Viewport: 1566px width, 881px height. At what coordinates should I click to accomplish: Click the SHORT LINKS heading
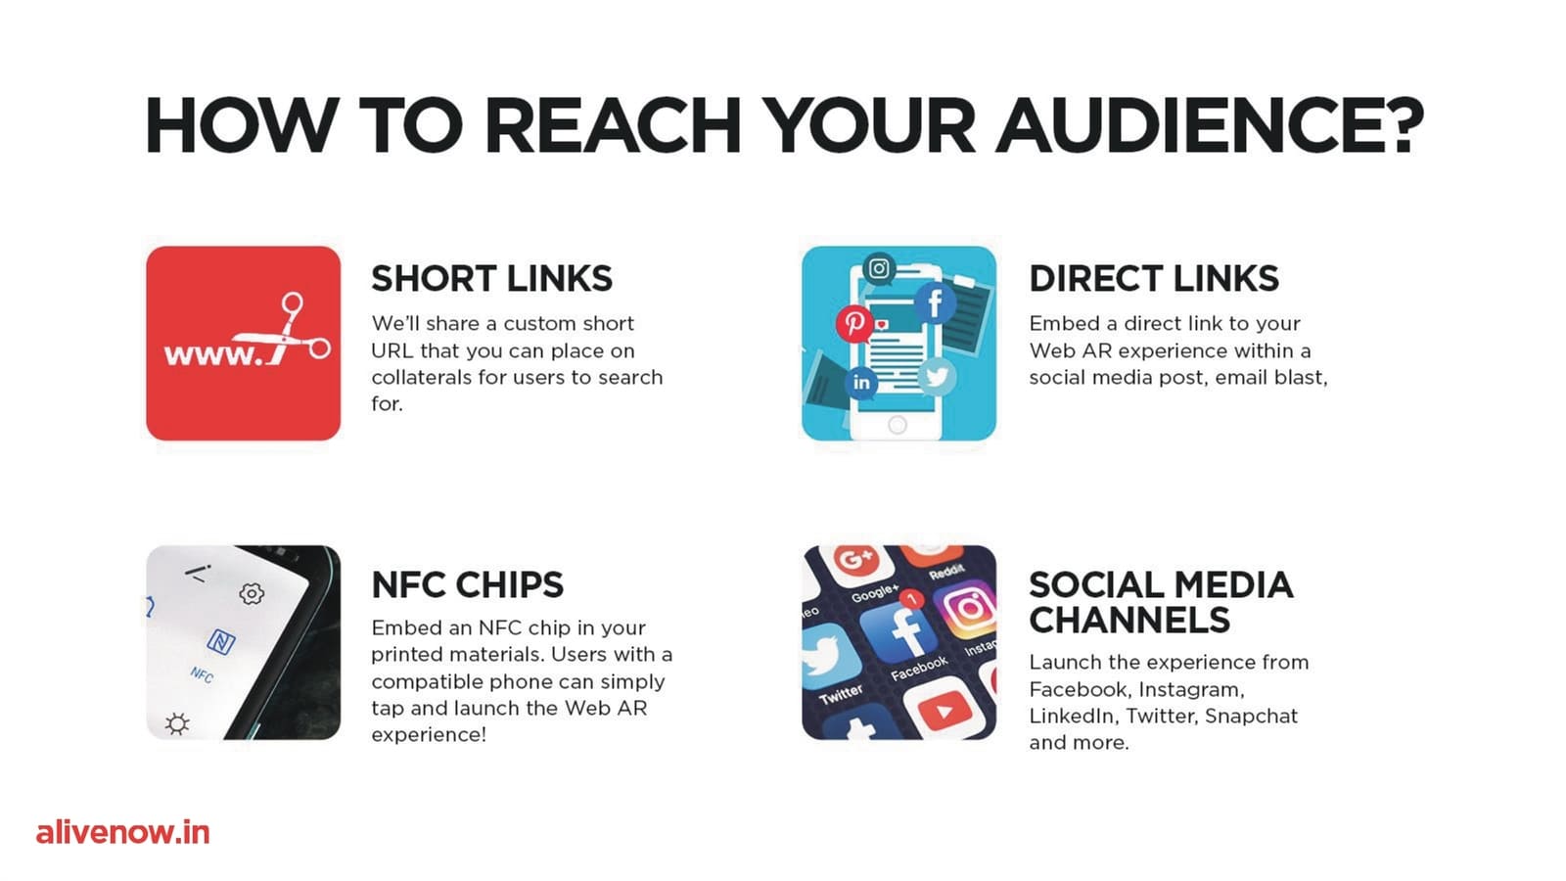[491, 278]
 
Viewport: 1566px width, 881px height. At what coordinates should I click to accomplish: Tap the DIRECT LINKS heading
[1154, 278]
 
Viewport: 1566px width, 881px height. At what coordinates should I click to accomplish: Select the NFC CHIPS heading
[467, 584]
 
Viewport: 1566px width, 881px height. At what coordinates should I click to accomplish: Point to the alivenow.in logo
[123, 833]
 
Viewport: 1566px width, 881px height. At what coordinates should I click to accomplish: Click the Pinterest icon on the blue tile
[854, 323]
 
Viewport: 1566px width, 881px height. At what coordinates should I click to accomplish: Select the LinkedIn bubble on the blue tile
[861, 383]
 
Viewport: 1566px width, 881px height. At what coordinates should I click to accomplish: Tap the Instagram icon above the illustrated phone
[879, 268]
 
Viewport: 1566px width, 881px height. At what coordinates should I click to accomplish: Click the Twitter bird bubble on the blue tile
[937, 376]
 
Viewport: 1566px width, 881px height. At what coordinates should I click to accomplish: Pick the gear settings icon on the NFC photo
[252, 593]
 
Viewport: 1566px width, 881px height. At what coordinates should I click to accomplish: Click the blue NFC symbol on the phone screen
[221, 641]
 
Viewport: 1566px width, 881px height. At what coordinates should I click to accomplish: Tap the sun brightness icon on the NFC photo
[177, 723]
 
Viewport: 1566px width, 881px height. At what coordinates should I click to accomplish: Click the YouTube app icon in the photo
[944, 710]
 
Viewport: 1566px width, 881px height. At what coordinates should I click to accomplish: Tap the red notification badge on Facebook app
[911, 599]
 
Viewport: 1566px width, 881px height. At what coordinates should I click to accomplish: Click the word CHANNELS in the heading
[1129, 620]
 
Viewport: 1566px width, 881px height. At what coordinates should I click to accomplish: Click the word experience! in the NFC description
[429, 735]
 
